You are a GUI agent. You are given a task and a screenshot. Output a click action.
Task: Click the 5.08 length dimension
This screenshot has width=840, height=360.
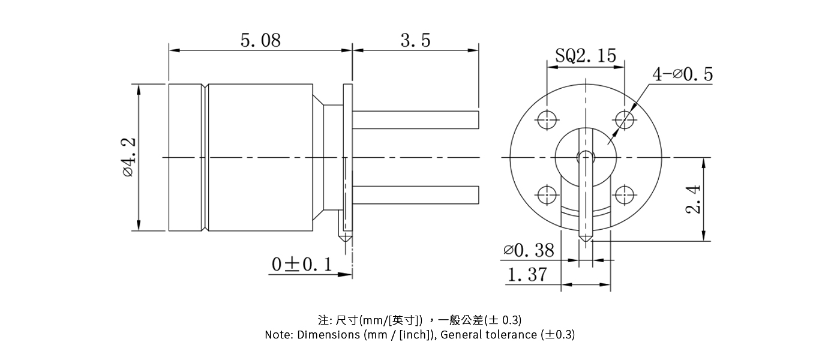pyautogui.click(x=260, y=40)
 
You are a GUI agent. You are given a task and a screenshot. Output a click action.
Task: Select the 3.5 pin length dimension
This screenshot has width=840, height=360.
pyautogui.click(x=415, y=40)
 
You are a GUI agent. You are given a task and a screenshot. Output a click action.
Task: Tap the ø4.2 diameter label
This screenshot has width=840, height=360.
pyautogui.click(x=128, y=157)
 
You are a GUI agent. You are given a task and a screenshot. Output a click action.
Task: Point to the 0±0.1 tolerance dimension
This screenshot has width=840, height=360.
pyautogui.click(x=301, y=265)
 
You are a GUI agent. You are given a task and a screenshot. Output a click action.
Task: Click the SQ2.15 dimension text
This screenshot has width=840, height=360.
pyautogui.click(x=585, y=56)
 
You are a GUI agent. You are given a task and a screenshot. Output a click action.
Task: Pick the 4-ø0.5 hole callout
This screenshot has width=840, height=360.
pyautogui.click(x=682, y=74)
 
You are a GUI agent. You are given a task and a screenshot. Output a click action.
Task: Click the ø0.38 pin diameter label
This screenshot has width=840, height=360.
pyautogui.click(x=529, y=250)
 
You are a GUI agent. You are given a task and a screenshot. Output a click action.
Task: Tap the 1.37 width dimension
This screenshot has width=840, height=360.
pyautogui.click(x=527, y=275)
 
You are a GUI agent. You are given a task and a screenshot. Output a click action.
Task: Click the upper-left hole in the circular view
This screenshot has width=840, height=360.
pyautogui.click(x=547, y=119)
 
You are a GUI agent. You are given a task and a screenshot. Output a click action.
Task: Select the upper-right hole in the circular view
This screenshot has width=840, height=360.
pyautogui.click(x=625, y=119)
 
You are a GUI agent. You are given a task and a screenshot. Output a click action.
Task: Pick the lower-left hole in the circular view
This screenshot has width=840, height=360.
pyautogui.click(x=547, y=195)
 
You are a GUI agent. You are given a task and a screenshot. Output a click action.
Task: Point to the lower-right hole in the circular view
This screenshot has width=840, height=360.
pyautogui.click(x=625, y=195)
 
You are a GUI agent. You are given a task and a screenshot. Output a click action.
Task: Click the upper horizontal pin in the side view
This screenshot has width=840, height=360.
pyautogui.click(x=415, y=119)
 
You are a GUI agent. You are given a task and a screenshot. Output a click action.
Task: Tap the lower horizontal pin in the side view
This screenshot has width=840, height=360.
pyautogui.click(x=415, y=194)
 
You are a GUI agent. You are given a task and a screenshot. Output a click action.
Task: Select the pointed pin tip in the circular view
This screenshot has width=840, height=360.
pyautogui.click(x=586, y=238)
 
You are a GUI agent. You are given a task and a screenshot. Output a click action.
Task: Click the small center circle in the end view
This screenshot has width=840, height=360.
pyautogui.click(x=585, y=157)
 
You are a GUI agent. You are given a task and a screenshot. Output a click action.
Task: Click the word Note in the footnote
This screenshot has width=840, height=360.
pyautogui.click(x=279, y=335)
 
